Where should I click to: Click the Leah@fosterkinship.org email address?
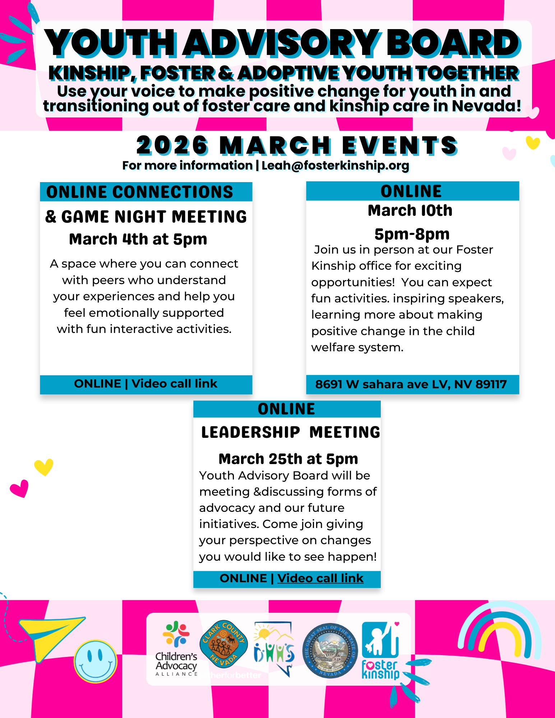point(335,166)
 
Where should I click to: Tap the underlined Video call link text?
point(320,578)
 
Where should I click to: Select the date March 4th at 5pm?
point(138,239)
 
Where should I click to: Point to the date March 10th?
point(410,210)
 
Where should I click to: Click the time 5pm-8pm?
point(412,234)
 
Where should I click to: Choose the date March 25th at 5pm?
point(288,459)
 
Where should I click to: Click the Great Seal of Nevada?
point(330,650)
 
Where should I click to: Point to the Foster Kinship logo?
point(380,650)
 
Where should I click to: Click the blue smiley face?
point(95,661)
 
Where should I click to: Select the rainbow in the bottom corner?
point(499,632)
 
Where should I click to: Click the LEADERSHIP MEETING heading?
point(290,432)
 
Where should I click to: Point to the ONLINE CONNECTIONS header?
point(140,192)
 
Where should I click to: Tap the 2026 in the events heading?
point(172,145)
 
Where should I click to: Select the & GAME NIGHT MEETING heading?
point(146,217)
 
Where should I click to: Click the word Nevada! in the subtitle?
point(486,106)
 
